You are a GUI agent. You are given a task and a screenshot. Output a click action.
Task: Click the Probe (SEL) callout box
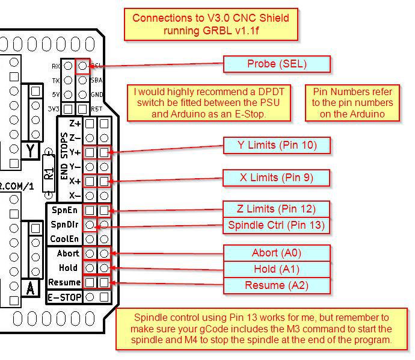coord(277,64)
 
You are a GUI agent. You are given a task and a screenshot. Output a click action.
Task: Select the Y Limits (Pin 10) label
coord(277,145)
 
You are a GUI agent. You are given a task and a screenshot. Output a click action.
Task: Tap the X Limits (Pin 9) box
coord(277,178)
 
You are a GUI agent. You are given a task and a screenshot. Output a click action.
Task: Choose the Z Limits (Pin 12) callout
coord(277,209)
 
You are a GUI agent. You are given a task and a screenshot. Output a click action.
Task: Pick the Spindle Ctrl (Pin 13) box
coord(277,225)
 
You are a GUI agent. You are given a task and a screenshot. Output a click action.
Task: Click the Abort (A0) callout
coord(277,253)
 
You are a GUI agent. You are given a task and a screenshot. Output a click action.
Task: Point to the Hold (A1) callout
coord(277,269)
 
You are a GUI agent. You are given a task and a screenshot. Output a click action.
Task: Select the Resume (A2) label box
coord(277,285)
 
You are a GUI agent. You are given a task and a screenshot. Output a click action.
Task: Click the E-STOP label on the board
coord(64,297)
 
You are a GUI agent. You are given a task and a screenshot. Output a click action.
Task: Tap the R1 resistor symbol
coord(49,174)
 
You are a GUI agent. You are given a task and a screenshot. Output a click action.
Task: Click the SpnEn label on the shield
coord(64,211)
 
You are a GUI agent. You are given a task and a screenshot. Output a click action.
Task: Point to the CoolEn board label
coord(64,238)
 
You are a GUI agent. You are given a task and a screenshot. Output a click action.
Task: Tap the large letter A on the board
coord(30,288)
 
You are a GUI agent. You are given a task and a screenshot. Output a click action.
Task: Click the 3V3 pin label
coord(54,109)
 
